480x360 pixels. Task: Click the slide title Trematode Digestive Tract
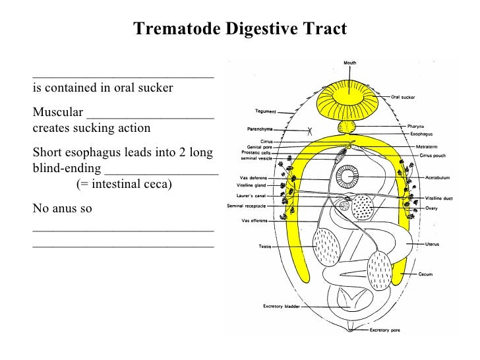click(239, 29)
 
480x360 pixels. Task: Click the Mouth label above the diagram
click(349, 63)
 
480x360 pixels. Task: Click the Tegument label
click(266, 111)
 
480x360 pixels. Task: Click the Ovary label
click(431, 208)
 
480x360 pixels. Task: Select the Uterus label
click(432, 244)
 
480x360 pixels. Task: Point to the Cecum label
click(425, 274)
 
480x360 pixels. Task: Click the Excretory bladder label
click(283, 307)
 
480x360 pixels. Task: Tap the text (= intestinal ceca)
click(123, 183)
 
